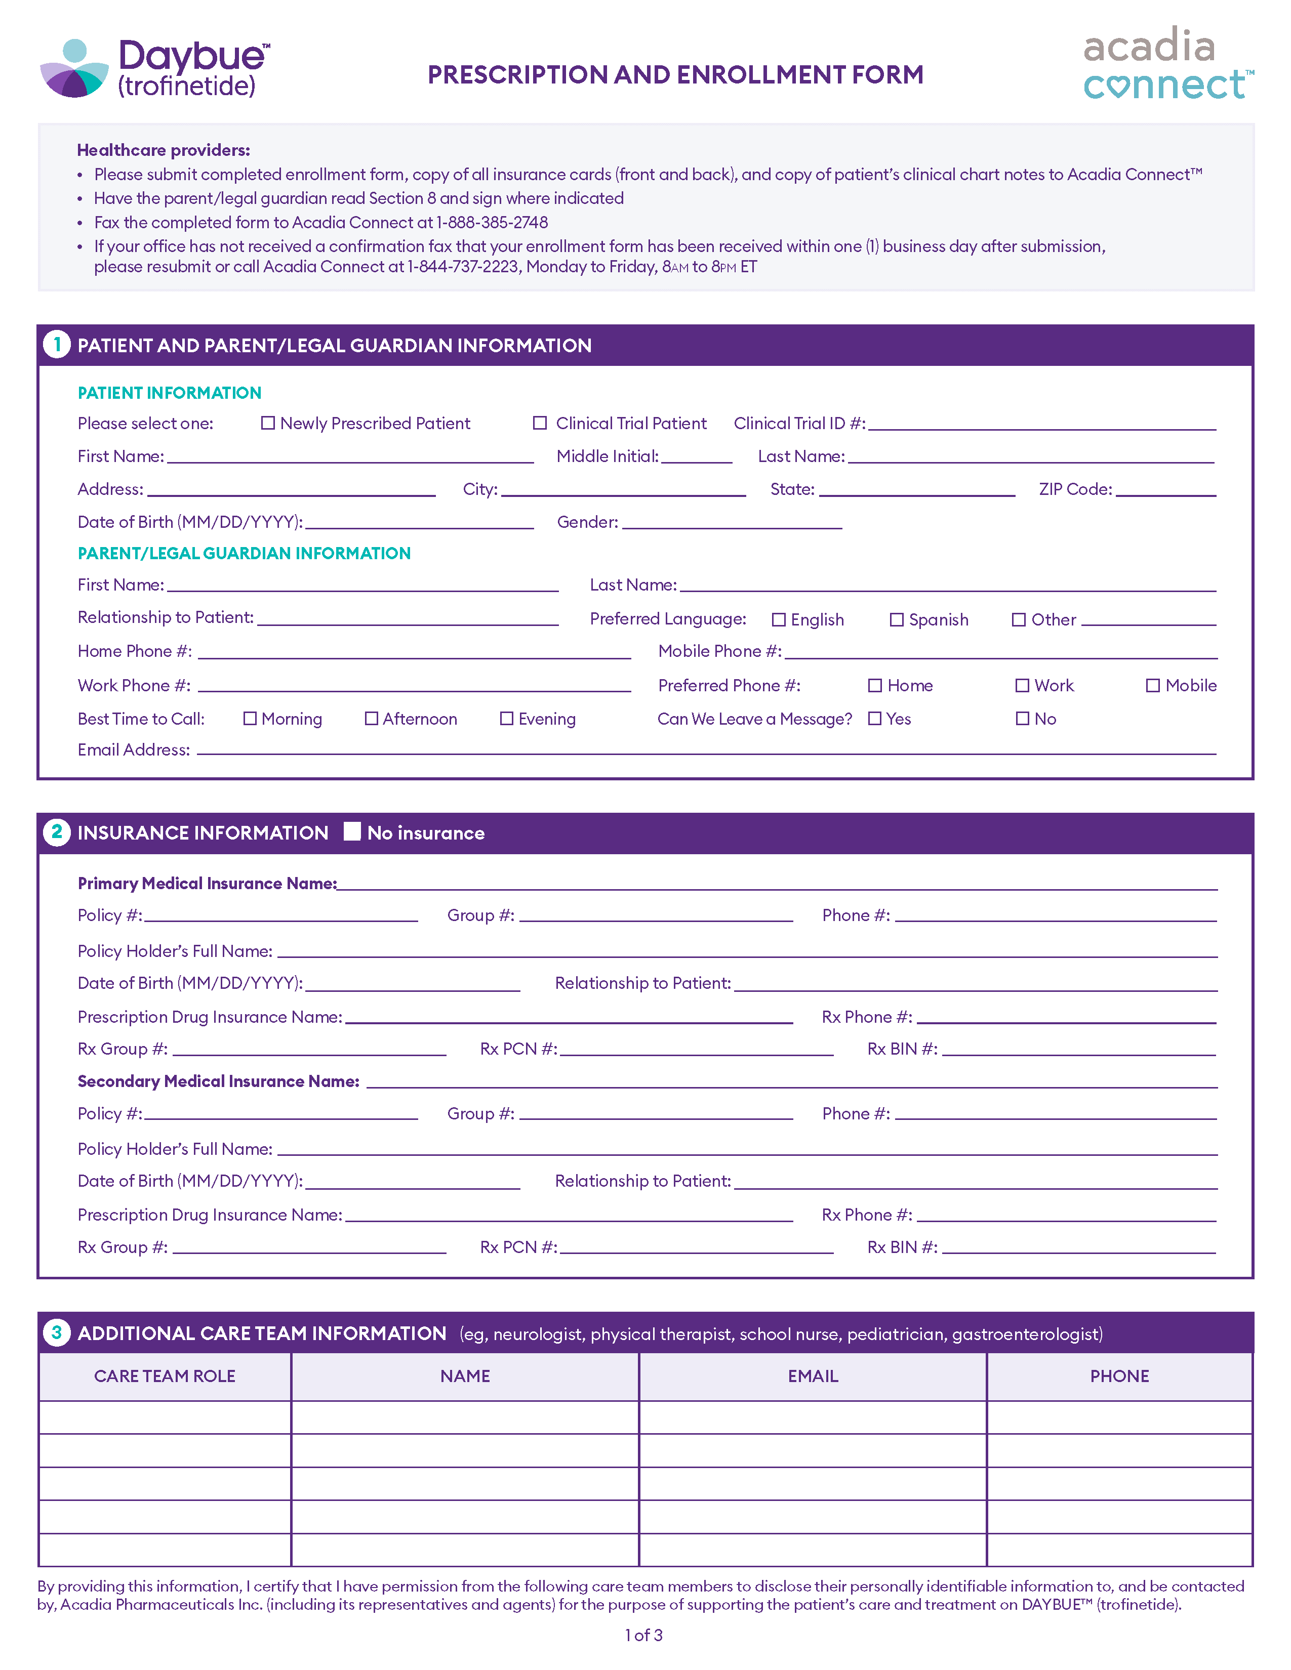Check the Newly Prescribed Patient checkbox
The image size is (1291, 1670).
coord(268,423)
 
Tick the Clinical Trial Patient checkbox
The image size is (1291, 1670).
coord(540,423)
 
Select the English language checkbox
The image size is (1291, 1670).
coord(779,619)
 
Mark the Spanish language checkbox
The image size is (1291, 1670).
coord(896,619)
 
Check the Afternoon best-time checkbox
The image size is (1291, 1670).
coord(372,719)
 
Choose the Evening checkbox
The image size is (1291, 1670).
coord(506,719)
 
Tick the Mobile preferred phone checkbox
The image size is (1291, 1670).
coord(1153,685)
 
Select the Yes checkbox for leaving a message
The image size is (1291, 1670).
coord(875,719)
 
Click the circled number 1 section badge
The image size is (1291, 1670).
coord(57,345)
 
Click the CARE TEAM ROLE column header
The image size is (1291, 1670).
coord(165,1375)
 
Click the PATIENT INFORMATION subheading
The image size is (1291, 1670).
coord(169,393)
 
